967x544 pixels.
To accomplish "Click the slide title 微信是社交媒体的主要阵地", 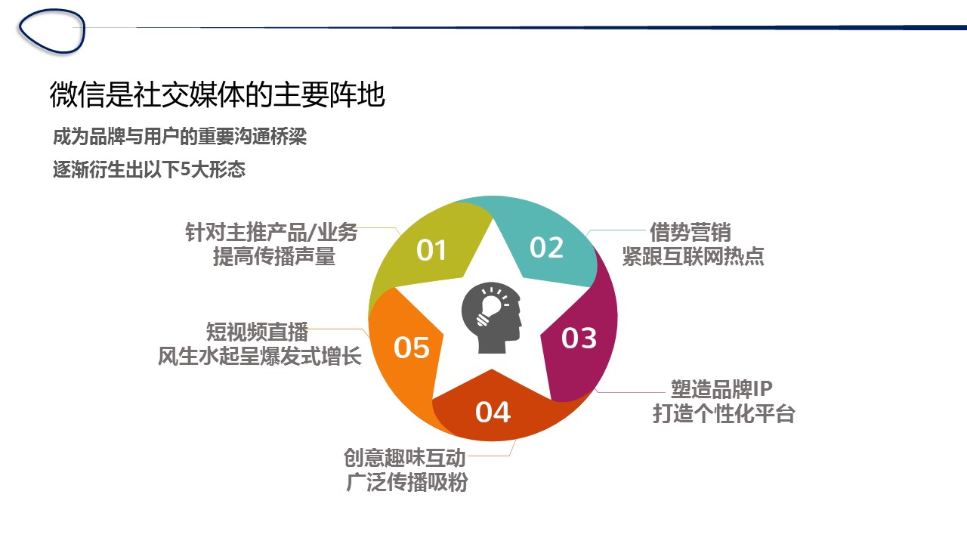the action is point(217,94).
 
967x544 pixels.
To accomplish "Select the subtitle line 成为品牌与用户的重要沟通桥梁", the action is point(180,137).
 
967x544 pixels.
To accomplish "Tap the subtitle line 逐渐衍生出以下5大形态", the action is point(149,168).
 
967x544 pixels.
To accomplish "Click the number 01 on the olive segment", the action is point(431,250).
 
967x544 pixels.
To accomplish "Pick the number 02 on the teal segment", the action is point(546,247).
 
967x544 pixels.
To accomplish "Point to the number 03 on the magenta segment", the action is point(579,338).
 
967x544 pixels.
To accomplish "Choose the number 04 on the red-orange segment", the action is point(493,412).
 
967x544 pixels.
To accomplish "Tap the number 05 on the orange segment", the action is point(412,348).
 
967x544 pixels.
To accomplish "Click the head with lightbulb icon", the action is point(491,318).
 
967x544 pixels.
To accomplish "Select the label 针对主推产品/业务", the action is point(271,232).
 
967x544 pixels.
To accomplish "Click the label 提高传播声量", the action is point(274,256).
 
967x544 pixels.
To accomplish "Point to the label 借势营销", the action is point(690,232).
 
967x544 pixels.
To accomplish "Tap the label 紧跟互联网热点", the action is point(693,256).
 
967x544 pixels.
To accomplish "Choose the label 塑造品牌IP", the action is point(721,389).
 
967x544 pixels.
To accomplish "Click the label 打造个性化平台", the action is point(724,413).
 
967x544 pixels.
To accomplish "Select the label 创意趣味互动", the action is point(404,458).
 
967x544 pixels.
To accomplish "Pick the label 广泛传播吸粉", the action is point(406,482).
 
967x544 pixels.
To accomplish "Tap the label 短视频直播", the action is point(257,332).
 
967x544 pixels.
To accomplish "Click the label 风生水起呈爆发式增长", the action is point(259,357).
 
